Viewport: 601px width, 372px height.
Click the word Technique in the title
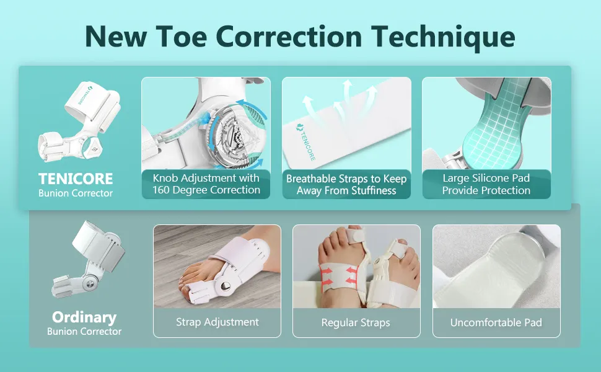click(x=444, y=37)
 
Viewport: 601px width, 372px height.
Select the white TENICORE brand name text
click(x=76, y=179)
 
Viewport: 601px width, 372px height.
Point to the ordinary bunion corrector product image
click(x=88, y=260)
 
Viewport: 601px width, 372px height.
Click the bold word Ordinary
click(x=84, y=317)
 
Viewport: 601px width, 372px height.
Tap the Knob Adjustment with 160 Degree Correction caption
click(x=206, y=184)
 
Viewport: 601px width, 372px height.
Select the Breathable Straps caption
click(x=346, y=185)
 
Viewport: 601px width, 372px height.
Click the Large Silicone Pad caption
click(x=486, y=184)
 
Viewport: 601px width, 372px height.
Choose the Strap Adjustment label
click(x=217, y=322)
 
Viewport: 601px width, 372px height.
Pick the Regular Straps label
click(x=356, y=322)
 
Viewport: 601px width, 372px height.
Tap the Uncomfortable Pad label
click(x=496, y=322)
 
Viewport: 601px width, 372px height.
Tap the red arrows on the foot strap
click(x=339, y=276)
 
